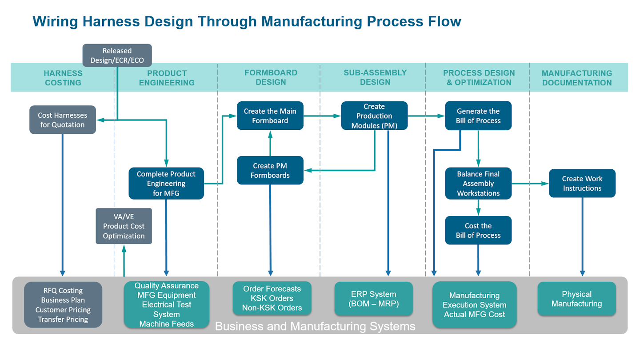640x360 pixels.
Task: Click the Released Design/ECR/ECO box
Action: point(117,56)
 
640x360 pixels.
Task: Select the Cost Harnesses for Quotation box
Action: point(63,120)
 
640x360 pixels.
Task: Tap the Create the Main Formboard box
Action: point(270,116)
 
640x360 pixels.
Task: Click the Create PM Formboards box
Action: point(270,171)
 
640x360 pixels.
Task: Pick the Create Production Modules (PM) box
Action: point(374,116)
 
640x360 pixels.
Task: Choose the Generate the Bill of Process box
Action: point(478,116)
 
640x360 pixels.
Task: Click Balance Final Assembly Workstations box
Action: point(478,184)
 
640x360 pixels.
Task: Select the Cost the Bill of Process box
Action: point(478,231)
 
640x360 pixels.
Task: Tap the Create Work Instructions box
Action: point(582,184)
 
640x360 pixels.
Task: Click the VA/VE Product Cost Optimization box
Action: point(124,226)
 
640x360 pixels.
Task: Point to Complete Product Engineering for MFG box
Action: point(166,184)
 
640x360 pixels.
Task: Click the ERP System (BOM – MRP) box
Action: point(373,299)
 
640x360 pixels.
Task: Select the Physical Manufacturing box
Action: point(576,299)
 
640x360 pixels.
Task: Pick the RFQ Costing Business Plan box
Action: point(63,305)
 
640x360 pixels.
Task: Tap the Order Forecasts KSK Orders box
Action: point(272,298)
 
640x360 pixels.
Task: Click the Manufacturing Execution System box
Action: point(474,305)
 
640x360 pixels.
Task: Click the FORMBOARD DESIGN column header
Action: point(271,77)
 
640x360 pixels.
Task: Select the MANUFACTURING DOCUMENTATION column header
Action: point(576,78)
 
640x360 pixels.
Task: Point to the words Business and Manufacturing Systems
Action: point(315,327)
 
